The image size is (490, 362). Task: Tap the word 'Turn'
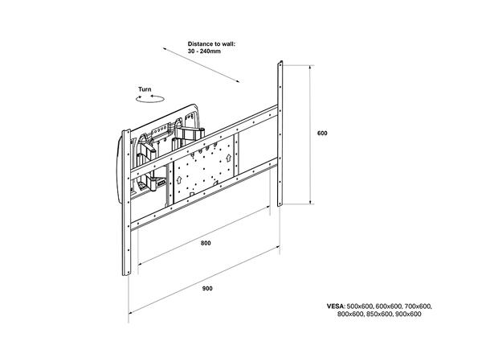(x=145, y=90)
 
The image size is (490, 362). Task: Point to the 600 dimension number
(x=322, y=133)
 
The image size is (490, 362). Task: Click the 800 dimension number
(x=206, y=242)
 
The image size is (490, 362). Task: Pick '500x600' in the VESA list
(x=366, y=306)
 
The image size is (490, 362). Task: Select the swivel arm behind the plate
(x=191, y=130)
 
